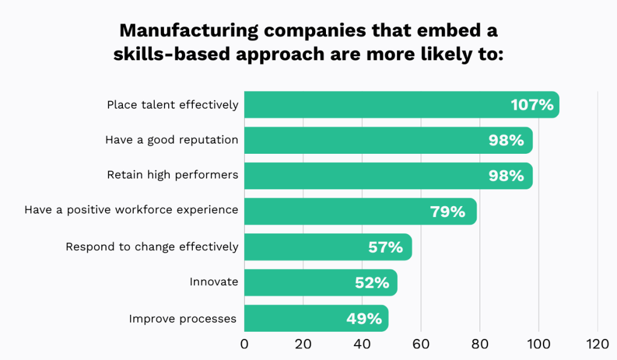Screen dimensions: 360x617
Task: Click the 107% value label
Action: point(532,105)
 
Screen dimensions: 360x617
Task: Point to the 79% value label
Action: point(448,212)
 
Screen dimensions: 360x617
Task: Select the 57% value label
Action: point(385,247)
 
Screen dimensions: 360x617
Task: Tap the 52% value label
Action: point(372,282)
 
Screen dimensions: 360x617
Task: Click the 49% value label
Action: point(364,318)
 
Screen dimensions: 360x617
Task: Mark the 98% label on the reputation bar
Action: point(506,140)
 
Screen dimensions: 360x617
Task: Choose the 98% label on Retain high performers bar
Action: point(506,175)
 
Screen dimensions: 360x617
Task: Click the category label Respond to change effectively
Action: point(152,247)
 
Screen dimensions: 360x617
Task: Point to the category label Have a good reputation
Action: point(172,140)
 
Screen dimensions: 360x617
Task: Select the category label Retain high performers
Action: point(172,175)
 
